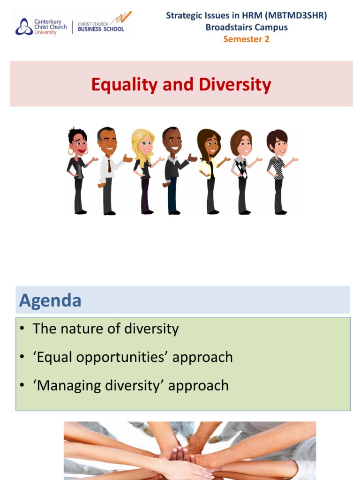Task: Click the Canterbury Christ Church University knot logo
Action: click(x=24, y=27)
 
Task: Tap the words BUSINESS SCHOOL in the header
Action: click(x=101, y=29)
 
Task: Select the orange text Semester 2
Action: click(x=246, y=39)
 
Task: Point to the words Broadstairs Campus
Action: click(x=246, y=27)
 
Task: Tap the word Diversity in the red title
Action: click(x=235, y=85)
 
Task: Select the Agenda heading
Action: click(x=50, y=300)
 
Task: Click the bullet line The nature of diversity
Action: click(x=105, y=329)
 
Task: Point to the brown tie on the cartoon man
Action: click(x=109, y=165)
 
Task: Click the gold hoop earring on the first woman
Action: click(x=71, y=152)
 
